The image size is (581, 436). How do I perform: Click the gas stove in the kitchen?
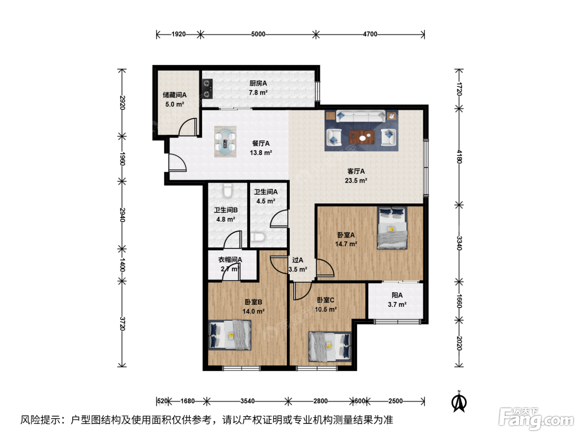tap(207, 89)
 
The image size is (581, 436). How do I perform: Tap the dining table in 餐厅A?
tap(225, 142)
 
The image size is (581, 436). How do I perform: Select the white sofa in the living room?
tap(361, 116)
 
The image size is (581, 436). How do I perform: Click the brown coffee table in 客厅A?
tap(361, 137)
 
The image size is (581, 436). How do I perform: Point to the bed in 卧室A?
tap(392, 228)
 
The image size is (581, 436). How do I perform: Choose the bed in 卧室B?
tap(229, 335)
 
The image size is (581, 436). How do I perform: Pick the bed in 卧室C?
tap(330, 347)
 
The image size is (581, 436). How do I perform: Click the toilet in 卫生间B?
tap(227, 191)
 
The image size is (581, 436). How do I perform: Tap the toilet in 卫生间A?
tap(258, 237)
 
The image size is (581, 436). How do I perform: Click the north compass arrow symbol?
tap(459, 402)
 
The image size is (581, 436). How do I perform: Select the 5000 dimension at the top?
tap(258, 34)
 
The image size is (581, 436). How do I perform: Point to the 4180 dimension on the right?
tap(459, 157)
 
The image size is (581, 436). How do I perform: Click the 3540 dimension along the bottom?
tap(247, 401)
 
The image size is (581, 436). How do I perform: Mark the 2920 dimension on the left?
tap(122, 103)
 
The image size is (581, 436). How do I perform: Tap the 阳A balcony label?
tap(397, 295)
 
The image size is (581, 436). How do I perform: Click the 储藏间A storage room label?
tap(175, 95)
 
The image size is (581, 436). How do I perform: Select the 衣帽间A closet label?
tap(230, 260)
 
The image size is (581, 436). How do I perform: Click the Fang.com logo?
tap(536, 418)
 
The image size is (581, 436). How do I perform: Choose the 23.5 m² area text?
tap(356, 181)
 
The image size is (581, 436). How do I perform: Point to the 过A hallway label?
tap(298, 260)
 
